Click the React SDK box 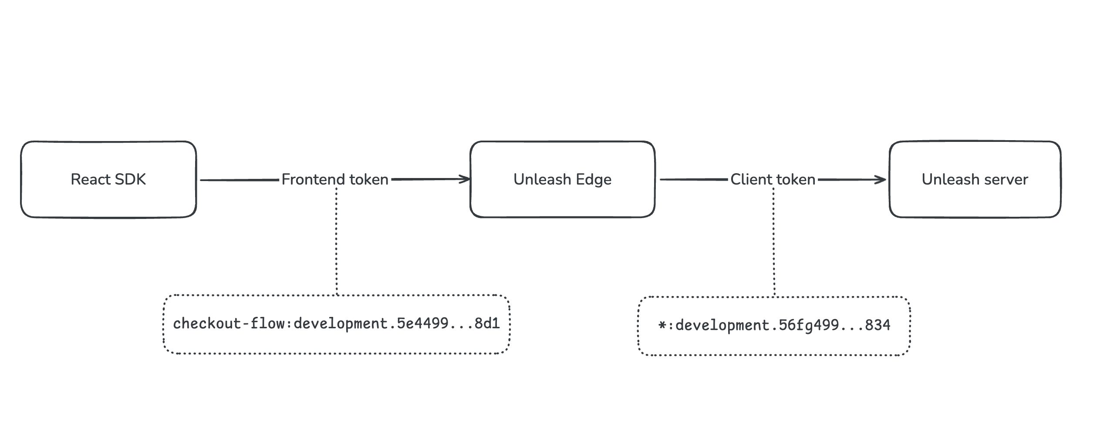pyautogui.click(x=108, y=179)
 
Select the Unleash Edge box pyautogui.click(x=562, y=179)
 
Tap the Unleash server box pyautogui.click(x=975, y=179)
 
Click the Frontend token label pyautogui.click(x=334, y=179)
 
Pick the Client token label pyautogui.click(x=773, y=179)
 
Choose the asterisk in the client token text pyautogui.click(x=662, y=325)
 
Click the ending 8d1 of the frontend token pyautogui.click(x=487, y=323)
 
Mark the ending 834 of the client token pyautogui.click(x=877, y=325)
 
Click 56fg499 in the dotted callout pyautogui.click(x=809, y=325)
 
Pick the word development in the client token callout pyautogui.click(x=722, y=326)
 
